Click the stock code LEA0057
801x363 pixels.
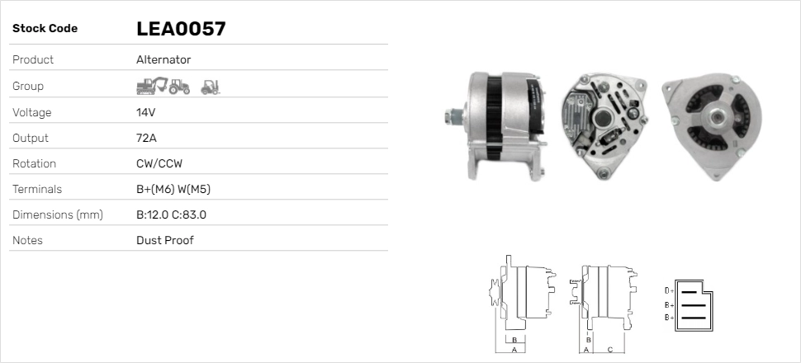(181, 29)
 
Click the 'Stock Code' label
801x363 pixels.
(45, 29)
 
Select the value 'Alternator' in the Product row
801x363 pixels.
(164, 60)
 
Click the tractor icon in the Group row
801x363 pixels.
(180, 86)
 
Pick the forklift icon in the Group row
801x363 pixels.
(211, 86)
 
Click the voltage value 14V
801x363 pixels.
(146, 112)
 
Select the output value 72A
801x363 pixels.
(146, 138)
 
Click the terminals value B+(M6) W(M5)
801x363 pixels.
(173, 189)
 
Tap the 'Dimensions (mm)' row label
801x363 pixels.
(57, 214)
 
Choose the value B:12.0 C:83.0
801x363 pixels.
(171, 214)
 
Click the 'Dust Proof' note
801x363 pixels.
(165, 240)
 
